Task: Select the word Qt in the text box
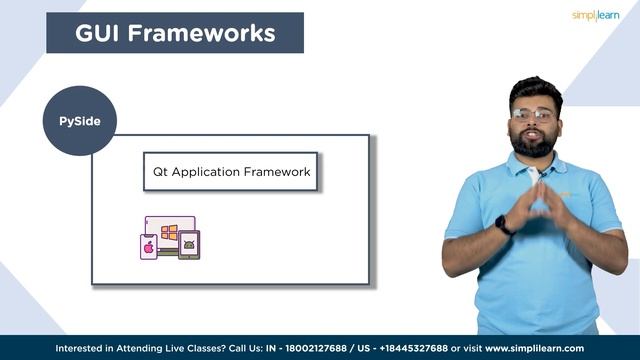[x=159, y=172]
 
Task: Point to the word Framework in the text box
[x=278, y=172]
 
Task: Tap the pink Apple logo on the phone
[x=149, y=246]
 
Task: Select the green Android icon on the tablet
[x=189, y=244]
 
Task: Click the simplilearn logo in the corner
[x=596, y=16]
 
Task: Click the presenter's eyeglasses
[x=535, y=115]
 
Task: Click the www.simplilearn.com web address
[x=535, y=348]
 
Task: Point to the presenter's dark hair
[x=535, y=88]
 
